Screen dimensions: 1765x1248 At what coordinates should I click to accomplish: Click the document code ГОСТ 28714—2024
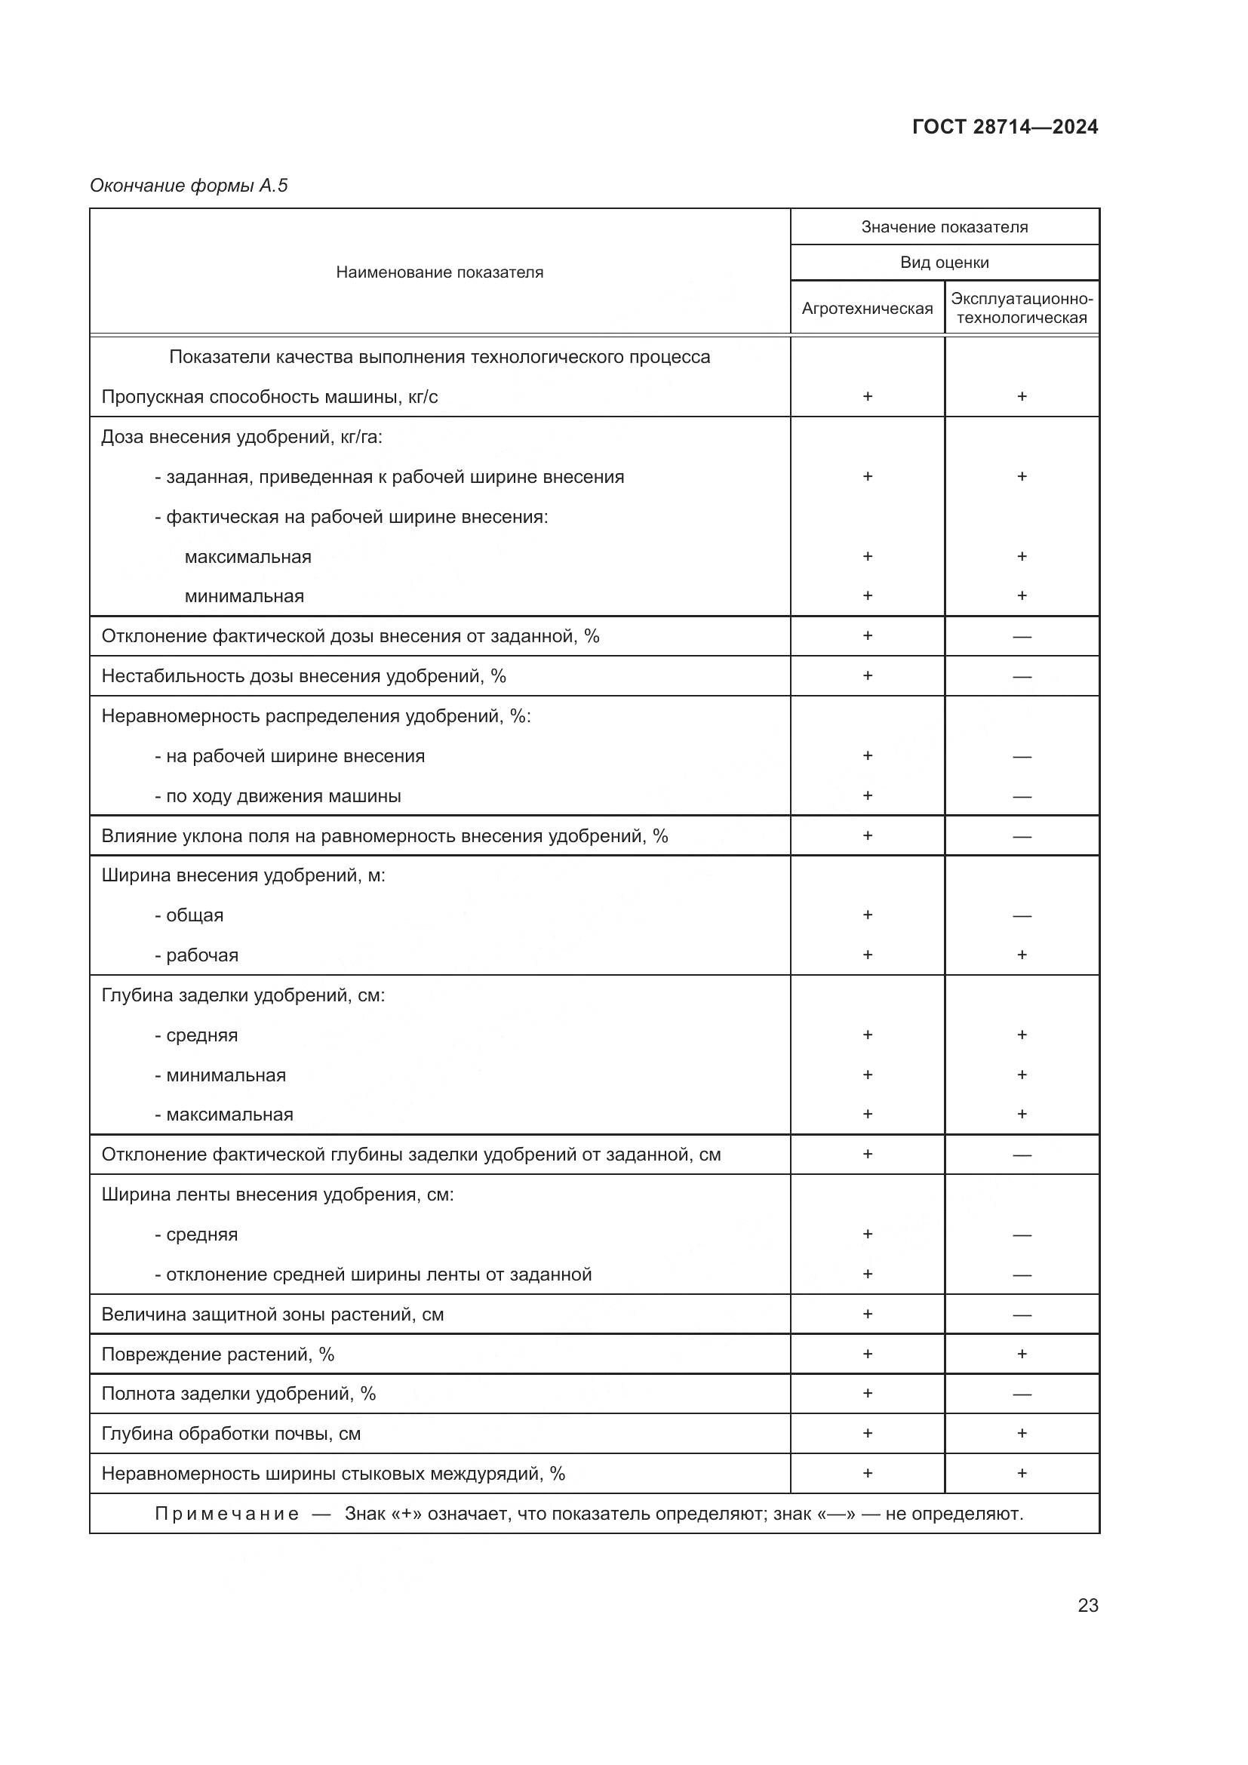(x=1004, y=127)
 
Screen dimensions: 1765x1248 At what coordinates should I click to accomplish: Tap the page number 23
(x=1087, y=1605)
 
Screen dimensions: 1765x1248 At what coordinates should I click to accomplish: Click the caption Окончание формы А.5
(x=189, y=186)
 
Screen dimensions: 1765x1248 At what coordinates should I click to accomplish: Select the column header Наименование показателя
(x=440, y=272)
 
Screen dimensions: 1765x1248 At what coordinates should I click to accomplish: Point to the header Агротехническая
(x=867, y=309)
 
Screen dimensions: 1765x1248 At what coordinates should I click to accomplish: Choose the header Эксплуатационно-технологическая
(x=1022, y=309)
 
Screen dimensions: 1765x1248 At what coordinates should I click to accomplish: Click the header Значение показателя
(x=945, y=227)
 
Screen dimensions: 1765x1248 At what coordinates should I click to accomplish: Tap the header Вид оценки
(x=945, y=262)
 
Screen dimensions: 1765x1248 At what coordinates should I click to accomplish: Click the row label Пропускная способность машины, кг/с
(x=269, y=397)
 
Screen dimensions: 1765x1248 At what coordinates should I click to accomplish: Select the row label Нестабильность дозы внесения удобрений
(x=303, y=675)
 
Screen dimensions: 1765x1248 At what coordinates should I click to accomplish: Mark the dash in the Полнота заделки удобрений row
(x=1022, y=1394)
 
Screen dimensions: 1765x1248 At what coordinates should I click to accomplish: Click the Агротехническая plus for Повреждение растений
(x=868, y=1354)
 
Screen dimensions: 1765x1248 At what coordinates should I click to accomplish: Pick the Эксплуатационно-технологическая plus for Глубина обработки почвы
(x=1022, y=1433)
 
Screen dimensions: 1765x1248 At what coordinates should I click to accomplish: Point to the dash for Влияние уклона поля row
(x=1022, y=836)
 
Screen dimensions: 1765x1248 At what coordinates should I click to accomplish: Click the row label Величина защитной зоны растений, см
(x=273, y=1314)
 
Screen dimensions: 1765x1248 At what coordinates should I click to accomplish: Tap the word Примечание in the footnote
(x=226, y=1514)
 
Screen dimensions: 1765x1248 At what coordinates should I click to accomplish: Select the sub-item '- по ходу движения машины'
(x=278, y=795)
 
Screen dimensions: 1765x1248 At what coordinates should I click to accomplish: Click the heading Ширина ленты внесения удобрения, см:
(x=278, y=1194)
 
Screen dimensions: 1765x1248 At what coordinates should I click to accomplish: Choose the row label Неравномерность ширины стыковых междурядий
(x=334, y=1474)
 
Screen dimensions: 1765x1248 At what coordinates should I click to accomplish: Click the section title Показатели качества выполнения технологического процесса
(x=440, y=357)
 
